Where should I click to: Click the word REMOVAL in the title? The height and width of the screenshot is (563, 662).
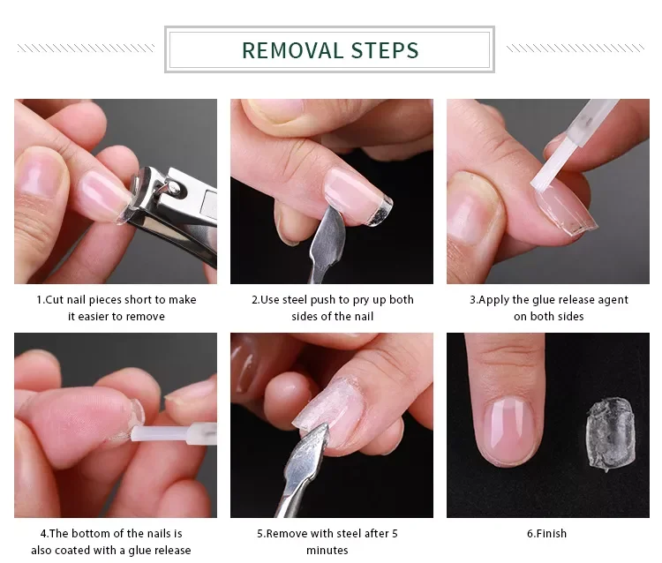[x=292, y=50]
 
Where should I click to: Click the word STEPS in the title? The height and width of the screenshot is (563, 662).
[x=385, y=50]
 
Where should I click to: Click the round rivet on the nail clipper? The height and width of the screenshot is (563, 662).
[x=172, y=186]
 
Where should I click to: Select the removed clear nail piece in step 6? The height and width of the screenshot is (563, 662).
[x=611, y=434]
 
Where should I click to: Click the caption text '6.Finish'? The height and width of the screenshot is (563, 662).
[x=546, y=534]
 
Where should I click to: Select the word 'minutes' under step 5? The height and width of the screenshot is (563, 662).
[x=327, y=551]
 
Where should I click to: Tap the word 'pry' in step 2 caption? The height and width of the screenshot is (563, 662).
[x=361, y=300]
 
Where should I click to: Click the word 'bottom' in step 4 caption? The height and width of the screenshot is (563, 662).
[x=97, y=534]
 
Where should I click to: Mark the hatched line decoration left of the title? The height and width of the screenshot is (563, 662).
[x=87, y=49]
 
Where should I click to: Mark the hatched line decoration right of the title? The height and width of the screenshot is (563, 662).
[x=575, y=49]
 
